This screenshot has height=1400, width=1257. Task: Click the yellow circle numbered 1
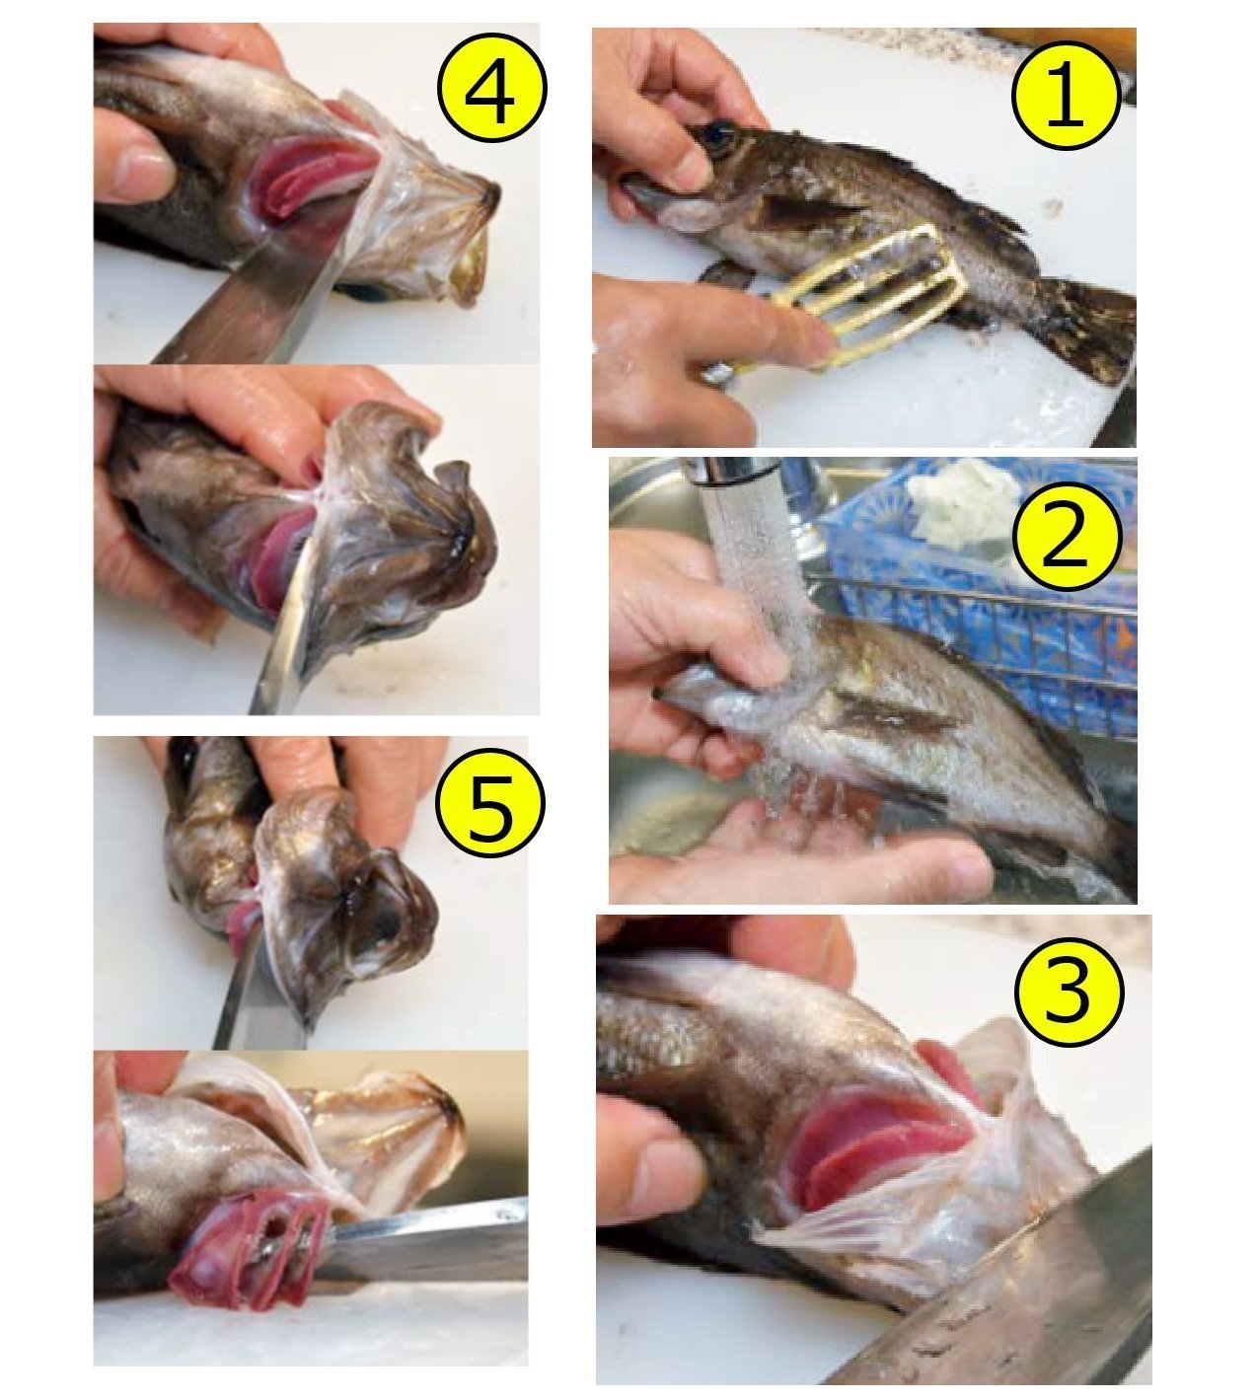point(1066,95)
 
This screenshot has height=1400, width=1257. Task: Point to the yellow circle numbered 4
point(491,88)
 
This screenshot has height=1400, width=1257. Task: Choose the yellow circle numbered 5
point(490,803)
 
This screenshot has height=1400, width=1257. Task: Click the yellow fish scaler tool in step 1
point(863,299)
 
